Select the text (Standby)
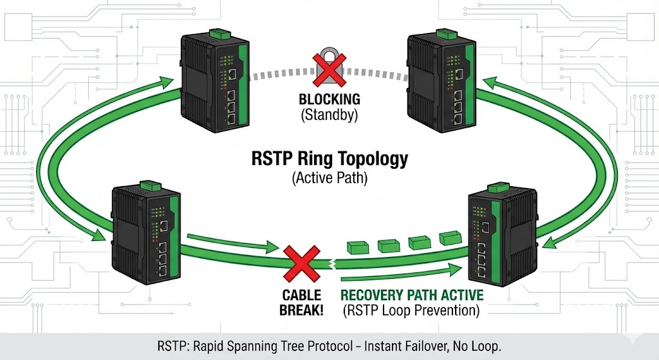tap(329, 115)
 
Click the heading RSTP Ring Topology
tap(329, 158)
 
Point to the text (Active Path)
tap(329, 178)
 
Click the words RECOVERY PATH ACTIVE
tap(412, 295)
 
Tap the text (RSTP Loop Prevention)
tap(412, 310)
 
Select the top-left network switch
tap(212, 84)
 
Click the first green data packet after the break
tap(357, 248)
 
